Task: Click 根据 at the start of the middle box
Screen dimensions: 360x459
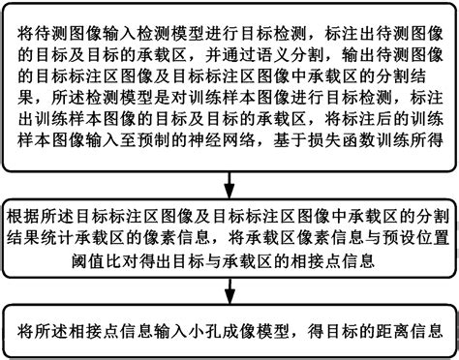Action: pyautogui.click(x=26, y=214)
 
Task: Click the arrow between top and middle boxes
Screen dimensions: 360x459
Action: pyautogui.click(x=229, y=181)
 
